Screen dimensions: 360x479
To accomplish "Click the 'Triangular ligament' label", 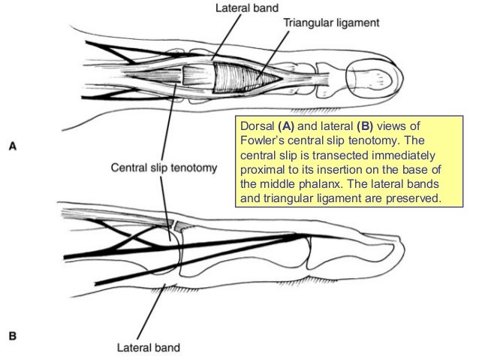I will pyautogui.click(x=331, y=23).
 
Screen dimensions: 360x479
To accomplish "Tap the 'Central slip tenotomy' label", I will pyautogui.click(x=164, y=167).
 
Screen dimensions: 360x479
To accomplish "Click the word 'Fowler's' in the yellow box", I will pyautogui.click(x=258, y=140).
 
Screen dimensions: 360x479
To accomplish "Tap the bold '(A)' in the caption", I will pyautogui.click(x=286, y=125).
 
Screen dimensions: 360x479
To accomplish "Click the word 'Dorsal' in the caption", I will pyautogui.click(x=253, y=125).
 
